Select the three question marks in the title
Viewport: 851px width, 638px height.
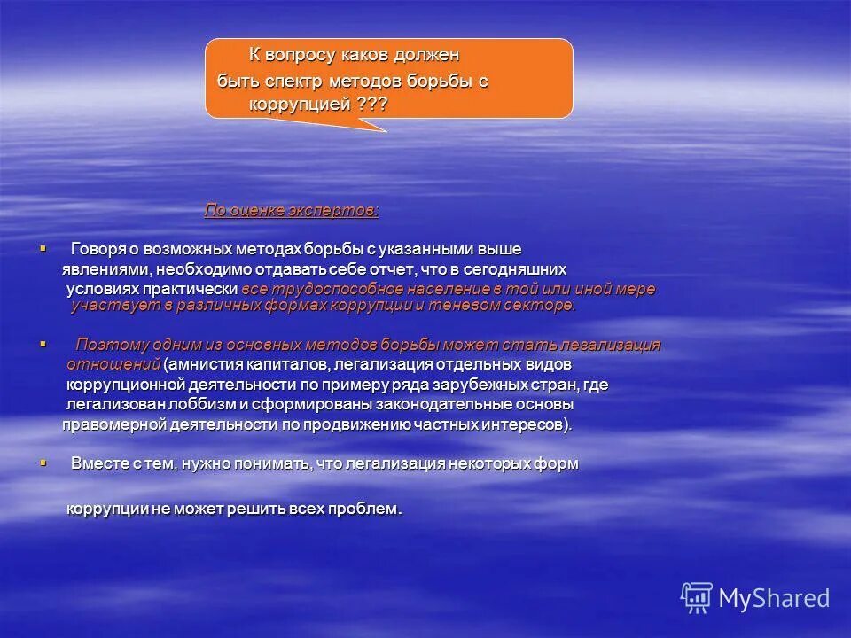click(x=373, y=104)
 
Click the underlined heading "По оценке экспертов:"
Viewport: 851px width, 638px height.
click(x=292, y=210)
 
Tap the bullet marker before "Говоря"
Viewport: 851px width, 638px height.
click(x=43, y=248)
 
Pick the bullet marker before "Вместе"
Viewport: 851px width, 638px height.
click(x=43, y=463)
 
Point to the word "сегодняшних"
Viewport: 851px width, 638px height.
click(x=523, y=268)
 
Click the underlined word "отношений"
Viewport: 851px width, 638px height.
click(x=113, y=364)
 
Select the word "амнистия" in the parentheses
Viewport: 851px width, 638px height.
click(x=201, y=364)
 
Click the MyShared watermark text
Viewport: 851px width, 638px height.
click(x=774, y=598)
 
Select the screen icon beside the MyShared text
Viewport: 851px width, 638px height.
click(x=697, y=598)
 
